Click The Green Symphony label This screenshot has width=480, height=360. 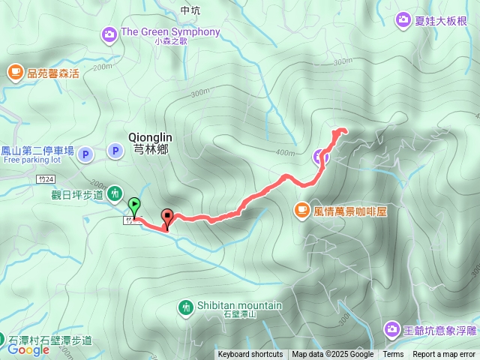pyautogui.click(x=170, y=32)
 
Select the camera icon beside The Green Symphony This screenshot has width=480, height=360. pyautogui.click(x=109, y=33)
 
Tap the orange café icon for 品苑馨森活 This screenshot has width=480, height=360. pyautogui.click(x=14, y=72)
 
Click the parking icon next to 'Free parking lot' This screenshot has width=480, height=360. pyautogui.click(x=85, y=154)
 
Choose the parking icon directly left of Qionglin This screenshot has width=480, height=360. pyautogui.click(x=115, y=151)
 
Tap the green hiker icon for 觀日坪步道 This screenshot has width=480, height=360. pyautogui.click(x=115, y=193)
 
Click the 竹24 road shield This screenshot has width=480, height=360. pyautogui.click(x=45, y=179)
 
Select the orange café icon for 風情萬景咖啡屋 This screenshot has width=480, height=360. pyautogui.click(x=301, y=210)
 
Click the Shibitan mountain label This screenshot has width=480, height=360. pyautogui.click(x=239, y=305)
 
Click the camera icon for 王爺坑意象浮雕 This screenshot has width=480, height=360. pyautogui.click(x=392, y=329)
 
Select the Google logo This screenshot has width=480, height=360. pyautogui.click(x=28, y=349)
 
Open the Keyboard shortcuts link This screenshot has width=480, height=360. pyautogui.click(x=250, y=355)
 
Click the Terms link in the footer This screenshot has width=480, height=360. pyautogui.click(x=393, y=355)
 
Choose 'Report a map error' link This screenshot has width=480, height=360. pyautogui.click(x=444, y=355)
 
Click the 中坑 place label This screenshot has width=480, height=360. pyautogui.click(x=191, y=10)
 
